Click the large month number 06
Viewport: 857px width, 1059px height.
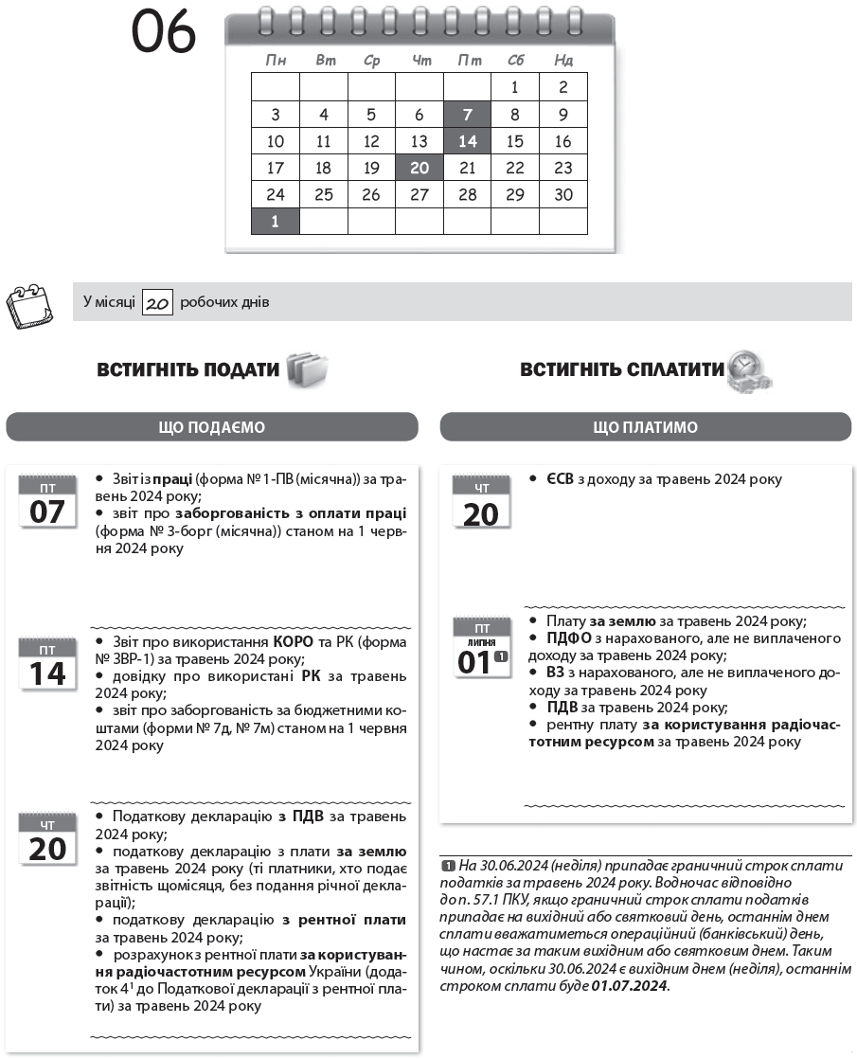coord(163,34)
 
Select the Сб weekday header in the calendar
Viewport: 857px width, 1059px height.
coord(515,61)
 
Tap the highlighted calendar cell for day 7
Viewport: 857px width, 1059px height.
coord(467,115)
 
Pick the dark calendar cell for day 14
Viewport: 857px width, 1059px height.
coord(467,141)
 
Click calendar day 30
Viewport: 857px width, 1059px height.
coord(563,195)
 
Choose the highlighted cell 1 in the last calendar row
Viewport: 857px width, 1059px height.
coord(276,222)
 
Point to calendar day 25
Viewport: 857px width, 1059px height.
coord(323,195)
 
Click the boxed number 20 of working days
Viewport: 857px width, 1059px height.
coord(157,303)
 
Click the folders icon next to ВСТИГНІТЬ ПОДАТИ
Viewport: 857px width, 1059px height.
coord(307,368)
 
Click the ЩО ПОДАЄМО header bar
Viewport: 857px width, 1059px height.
coord(212,427)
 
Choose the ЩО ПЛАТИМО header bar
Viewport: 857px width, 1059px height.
coord(645,427)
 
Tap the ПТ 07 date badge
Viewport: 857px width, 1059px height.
coord(47,503)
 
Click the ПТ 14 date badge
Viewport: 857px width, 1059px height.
coord(47,663)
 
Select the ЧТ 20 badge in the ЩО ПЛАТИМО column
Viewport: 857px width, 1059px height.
coord(481,503)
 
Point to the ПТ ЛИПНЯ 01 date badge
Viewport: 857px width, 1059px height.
coord(481,650)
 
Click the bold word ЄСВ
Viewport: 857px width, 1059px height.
coord(559,479)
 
